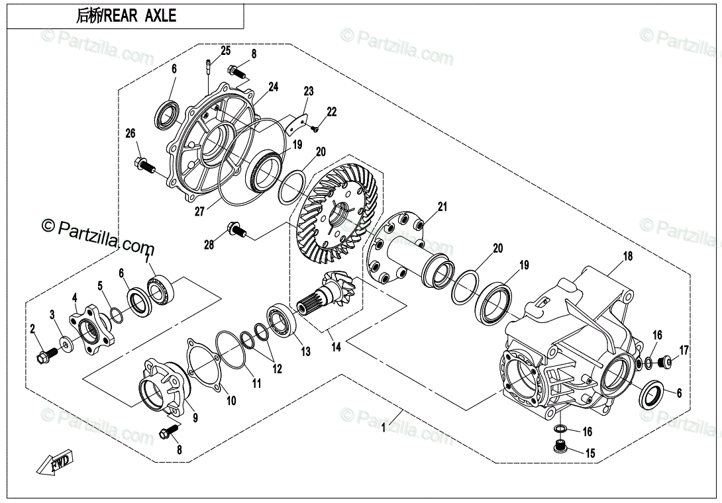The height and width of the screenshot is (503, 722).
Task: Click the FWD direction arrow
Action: tap(56, 462)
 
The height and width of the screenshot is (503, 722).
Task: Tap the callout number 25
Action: tap(225, 51)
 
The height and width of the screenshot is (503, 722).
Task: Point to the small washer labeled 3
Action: tap(67, 343)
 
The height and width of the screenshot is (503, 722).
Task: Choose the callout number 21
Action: tap(442, 208)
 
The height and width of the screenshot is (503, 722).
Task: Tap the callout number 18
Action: tap(627, 256)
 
